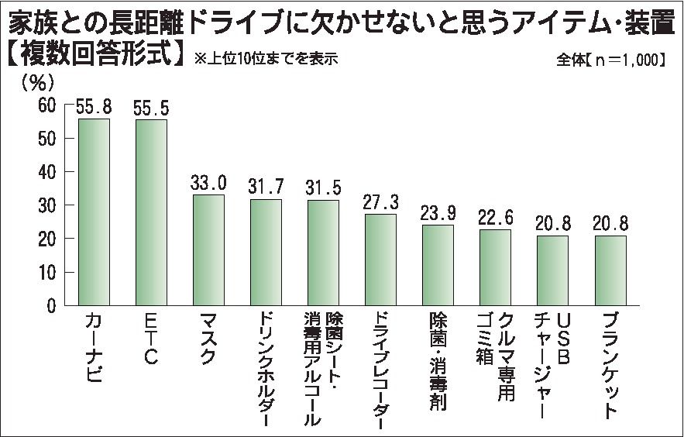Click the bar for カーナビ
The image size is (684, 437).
(94, 212)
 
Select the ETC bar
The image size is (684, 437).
(151, 213)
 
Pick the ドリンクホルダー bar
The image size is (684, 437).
(266, 253)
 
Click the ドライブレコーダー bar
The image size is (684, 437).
(380, 260)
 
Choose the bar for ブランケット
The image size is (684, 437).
(610, 271)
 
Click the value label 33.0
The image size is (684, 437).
(208, 184)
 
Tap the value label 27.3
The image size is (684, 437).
(380, 203)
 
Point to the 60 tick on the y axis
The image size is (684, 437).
(47, 105)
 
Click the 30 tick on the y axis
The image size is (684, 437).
(47, 206)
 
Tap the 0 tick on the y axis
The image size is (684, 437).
(51, 307)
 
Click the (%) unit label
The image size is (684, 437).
(37, 81)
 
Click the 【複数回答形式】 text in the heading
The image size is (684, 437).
(96, 56)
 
